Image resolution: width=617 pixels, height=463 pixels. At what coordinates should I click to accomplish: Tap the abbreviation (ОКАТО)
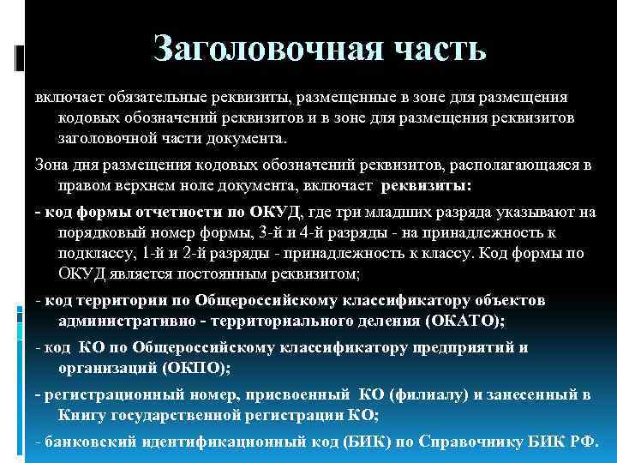(x=462, y=321)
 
